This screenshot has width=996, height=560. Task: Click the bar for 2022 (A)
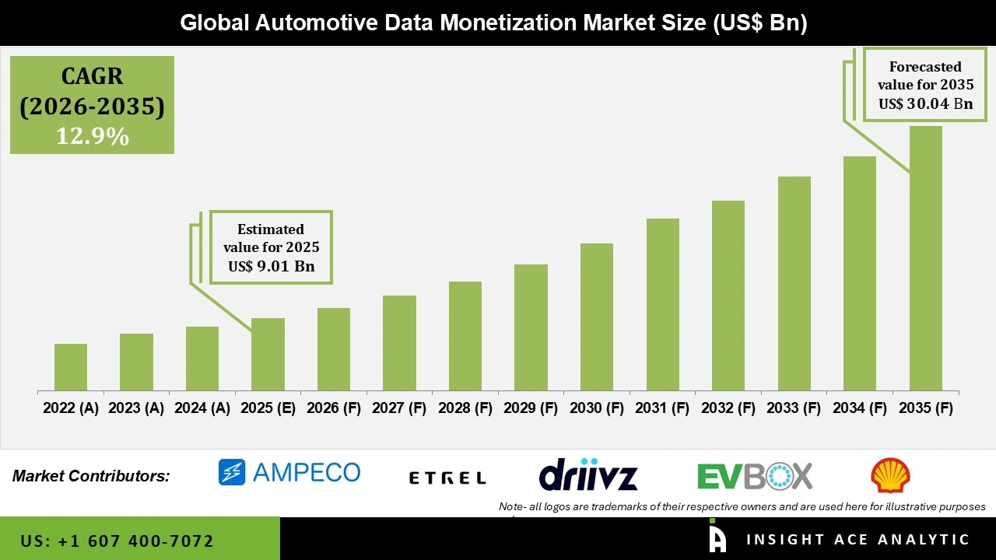coord(71,367)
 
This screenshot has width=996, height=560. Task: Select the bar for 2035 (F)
coord(925,258)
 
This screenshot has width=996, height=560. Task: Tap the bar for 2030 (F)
coord(596,317)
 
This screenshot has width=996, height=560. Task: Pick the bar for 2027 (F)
coord(399,343)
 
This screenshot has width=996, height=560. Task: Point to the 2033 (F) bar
coord(794,283)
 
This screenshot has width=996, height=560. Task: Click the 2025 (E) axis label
coord(268,408)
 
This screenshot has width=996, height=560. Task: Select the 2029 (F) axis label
coord(531,408)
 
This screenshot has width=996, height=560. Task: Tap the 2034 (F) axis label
coord(860,408)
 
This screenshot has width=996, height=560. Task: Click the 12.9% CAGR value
coord(92,137)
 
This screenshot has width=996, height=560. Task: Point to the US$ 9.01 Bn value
coord(271,267)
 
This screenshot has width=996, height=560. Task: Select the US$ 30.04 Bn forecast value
coord(925,103)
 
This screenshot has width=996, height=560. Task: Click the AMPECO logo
coord(289,472)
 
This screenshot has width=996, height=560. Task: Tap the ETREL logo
coord(447,478)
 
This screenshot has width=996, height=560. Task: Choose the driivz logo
coord(588,474)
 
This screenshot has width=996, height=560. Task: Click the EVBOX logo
coord(754,475)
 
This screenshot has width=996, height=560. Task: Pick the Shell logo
coord(890,475)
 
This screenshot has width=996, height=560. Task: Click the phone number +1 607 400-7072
coord(117,541)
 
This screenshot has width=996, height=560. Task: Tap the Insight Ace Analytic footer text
coord(857,540)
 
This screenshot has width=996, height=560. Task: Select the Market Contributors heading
coord(91,476)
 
